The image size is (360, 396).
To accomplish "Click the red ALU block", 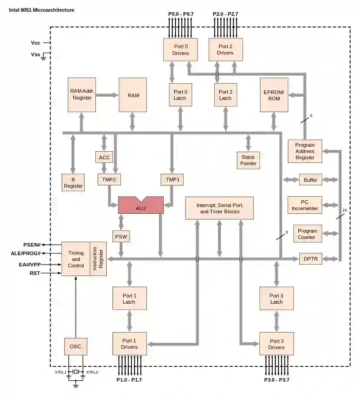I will pos(140,206).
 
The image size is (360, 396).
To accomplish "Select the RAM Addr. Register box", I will pos(81,94).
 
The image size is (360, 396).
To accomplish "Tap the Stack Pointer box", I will pos(248,160).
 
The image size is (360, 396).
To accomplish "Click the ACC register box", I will pos(104,157).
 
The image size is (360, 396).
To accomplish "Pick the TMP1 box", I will pos(172,180).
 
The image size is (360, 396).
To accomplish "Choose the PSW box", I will pos(121,236).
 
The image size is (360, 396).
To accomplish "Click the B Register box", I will pos(73,183).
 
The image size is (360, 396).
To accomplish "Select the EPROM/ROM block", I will pos(274,95).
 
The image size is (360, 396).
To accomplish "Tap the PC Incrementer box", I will pos(305,205).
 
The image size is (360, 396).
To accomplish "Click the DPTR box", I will pos(311,259).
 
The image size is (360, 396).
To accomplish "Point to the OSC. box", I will pos(76,347).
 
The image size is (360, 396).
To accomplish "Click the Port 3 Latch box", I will pos(276,299).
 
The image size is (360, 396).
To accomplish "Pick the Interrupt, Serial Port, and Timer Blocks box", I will pos(220,208).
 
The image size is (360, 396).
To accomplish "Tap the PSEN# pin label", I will pos(32,245).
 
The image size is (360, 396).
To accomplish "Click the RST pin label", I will pos(35,273).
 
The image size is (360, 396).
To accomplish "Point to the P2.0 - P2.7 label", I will pos(225,14).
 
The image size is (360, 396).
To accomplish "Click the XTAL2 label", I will pos(92,372).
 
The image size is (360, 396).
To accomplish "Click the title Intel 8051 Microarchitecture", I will pos(42,9).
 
